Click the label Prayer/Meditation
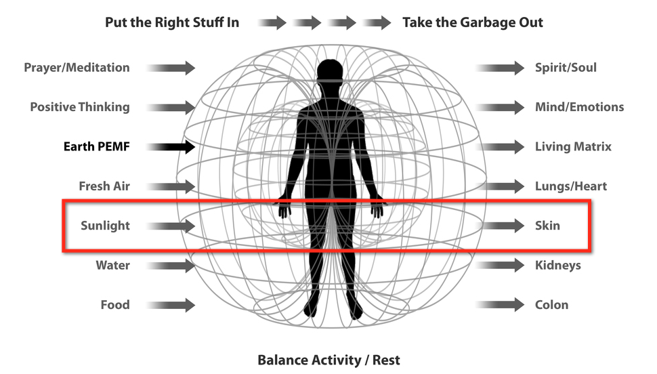pyautogui.click(x=77, y=68)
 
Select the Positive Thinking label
pyautogui.click(x=80, y=107)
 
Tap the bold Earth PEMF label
pyautogui.click(x=96, y=146)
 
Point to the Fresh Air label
pyautogui.click(x=104, y=186)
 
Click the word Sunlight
pyautogui.click(x=105, y=226)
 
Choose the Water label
pyautogui.click(x=112, y=265)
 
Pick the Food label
pyautogui.click(x=115, y=304)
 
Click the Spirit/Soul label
pyautogui.click(x=566, y=68)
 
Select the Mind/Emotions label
pyautogui.click(x=579, y=107)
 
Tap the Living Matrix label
pyautogui.click(x=573, y=146)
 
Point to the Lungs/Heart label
pyautogui.click(x=571, y=186)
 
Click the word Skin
pyautogui.click(x=547, y=226)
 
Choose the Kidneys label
pyautogui.click(x=557, y=265)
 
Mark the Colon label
pyautogui.click(x=551, y=304)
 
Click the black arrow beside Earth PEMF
pyautogui.click(x=171, y=146)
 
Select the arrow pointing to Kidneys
pyautogui.click(x=500, y=265)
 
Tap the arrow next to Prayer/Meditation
pyautogui.click(x=171, y=68)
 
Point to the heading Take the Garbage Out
pyautogui.click(x=473, y=22)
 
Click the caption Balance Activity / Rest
pyautogui.click(x=328, y=359)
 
